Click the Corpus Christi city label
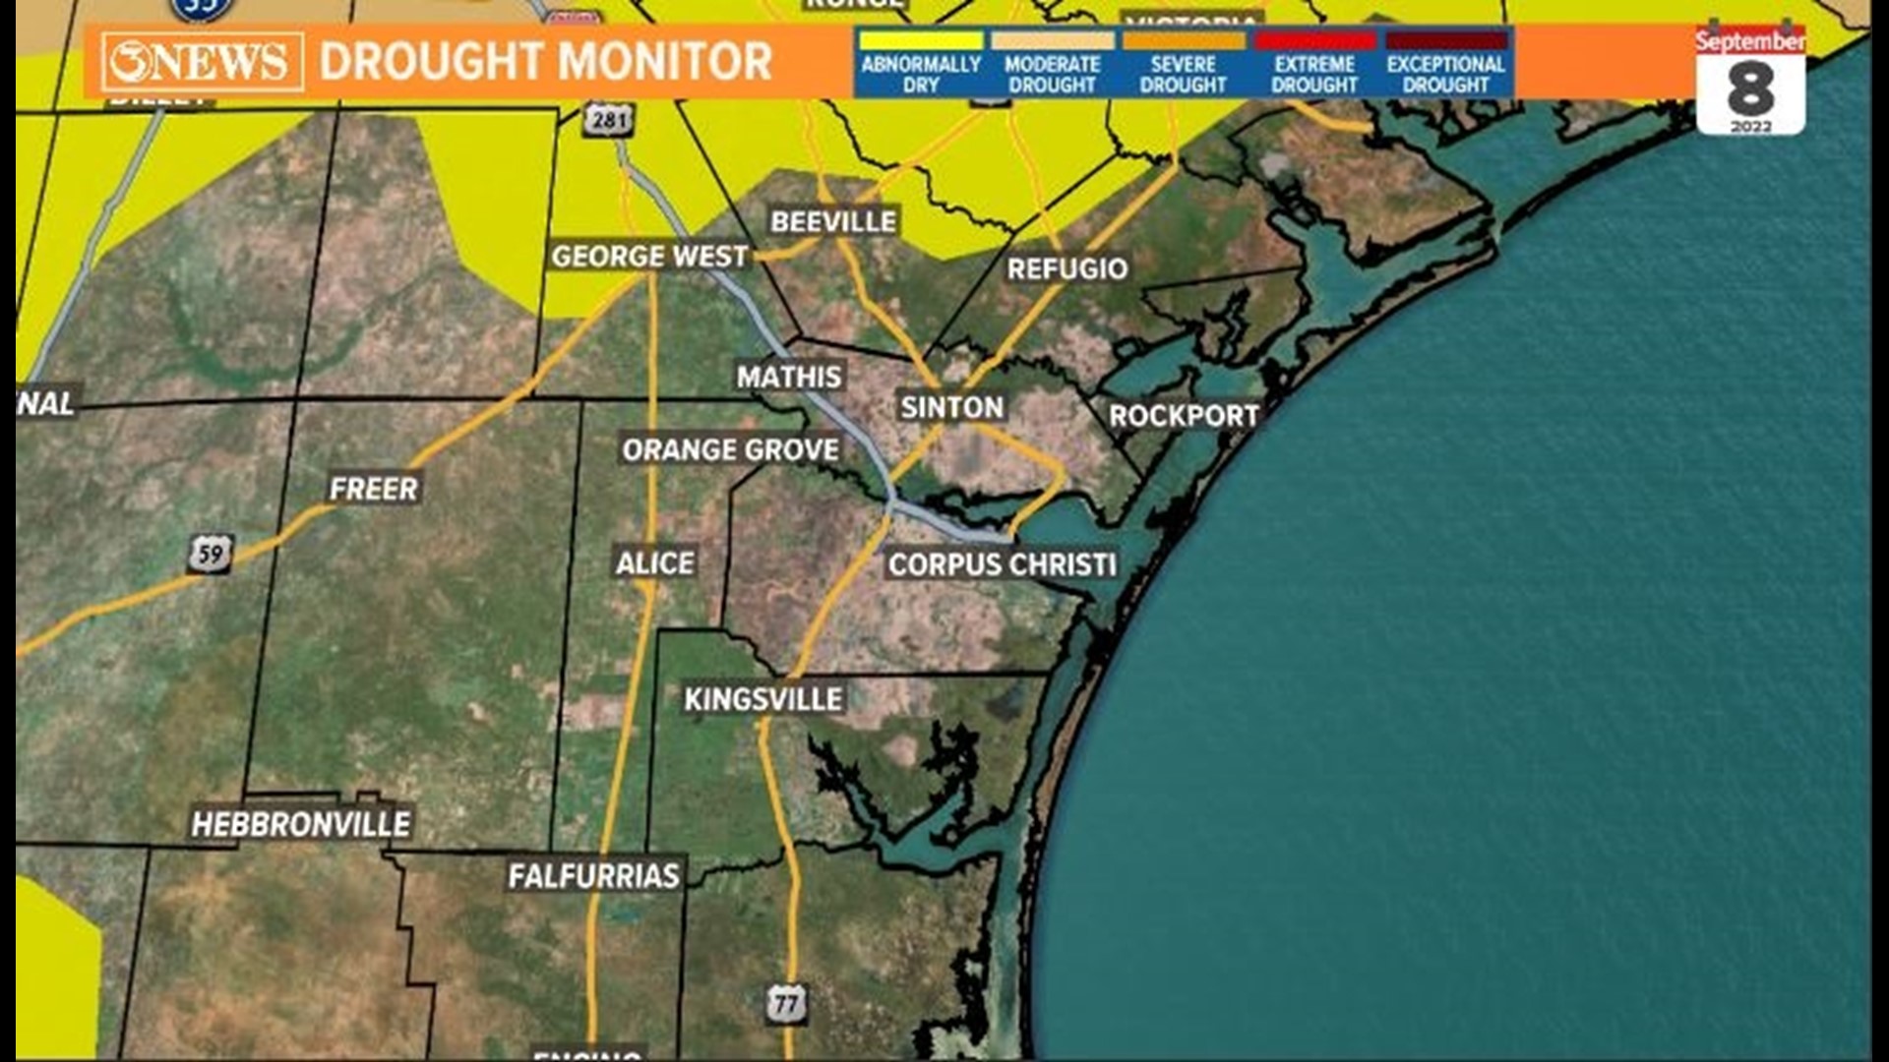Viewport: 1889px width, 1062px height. point(1002,564)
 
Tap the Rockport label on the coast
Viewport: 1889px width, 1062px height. point(1184,416)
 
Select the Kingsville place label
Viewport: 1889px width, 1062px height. point(763,699)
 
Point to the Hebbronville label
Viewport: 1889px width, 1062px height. point(301,824)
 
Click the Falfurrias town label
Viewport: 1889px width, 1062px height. point(593,875)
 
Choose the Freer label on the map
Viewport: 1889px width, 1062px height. point(374,489)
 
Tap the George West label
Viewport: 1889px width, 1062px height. point(649,257)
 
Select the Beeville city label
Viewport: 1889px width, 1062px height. point(833,221)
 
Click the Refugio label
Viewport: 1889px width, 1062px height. point(1066,268)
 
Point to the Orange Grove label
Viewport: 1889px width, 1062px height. point(730,450)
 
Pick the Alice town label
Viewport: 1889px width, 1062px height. point(655,563)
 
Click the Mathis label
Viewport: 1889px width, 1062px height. point(789,377)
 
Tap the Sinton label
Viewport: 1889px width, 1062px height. point(951,407)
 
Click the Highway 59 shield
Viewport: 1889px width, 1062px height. point(211,554)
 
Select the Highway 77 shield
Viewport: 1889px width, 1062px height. point(786,1004)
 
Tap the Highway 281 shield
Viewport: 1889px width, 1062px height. point(609,120)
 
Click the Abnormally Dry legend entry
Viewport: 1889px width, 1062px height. point(921,64)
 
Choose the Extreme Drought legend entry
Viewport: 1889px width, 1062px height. point(1314,64)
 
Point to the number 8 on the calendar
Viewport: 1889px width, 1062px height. point(1750,89)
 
